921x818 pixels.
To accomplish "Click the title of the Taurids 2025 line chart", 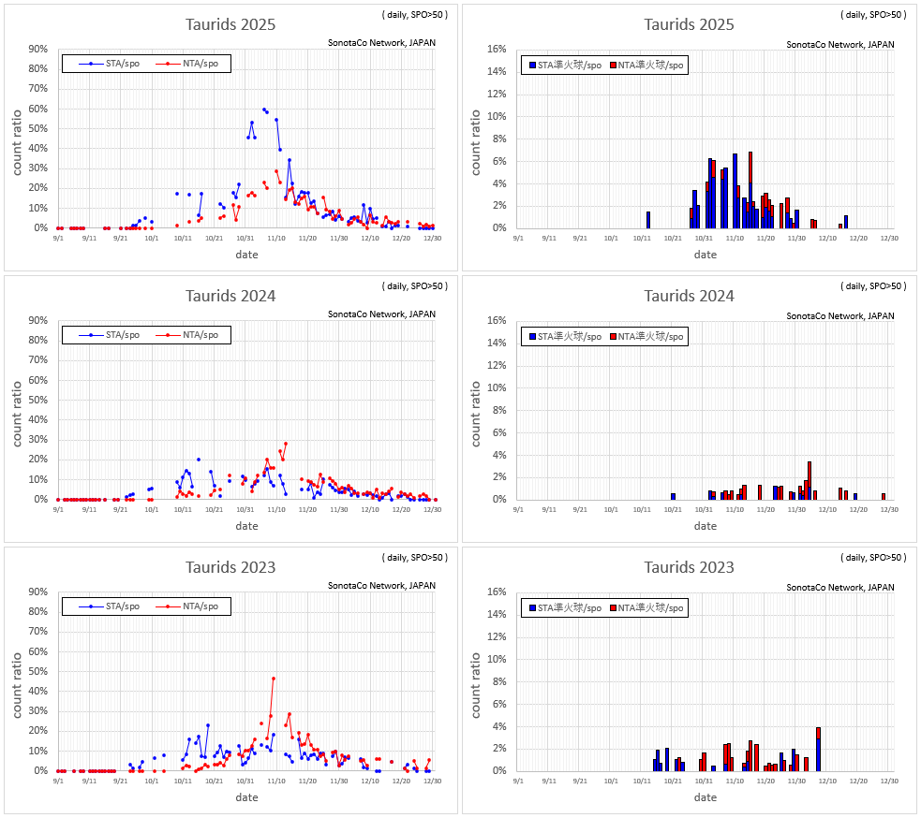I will (230, 24).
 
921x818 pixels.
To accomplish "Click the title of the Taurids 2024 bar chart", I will (689, 296).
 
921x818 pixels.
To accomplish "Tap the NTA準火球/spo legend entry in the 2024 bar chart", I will (647, 336).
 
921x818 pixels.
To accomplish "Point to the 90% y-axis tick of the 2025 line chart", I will (38, 49).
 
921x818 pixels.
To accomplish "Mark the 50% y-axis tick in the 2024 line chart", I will (38, 400).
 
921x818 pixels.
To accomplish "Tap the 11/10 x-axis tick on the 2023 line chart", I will (276, 781).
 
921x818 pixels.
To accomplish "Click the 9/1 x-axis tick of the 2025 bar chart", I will (518, 238).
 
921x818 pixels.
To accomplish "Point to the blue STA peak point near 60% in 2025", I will (264, 110).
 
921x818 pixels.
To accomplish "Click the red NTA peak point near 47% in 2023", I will (274, 679).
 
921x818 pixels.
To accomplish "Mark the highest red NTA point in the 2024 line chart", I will (286, 444).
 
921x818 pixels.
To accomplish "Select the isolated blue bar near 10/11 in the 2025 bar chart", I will (647, 220).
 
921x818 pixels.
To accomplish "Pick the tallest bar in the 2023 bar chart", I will (818, 749).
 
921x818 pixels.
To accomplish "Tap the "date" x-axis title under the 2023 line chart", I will (246, 797).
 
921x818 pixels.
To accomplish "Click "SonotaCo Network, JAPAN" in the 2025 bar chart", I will (839, 44).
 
